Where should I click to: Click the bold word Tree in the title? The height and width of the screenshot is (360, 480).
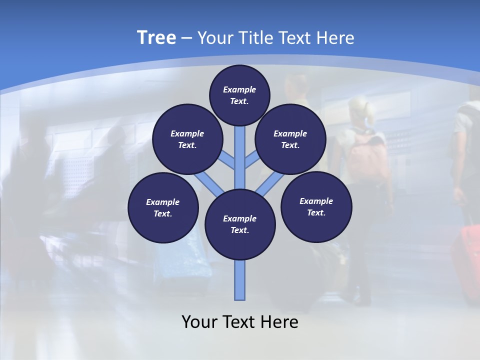[156, 38]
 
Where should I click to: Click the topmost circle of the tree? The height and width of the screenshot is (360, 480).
[239, 95]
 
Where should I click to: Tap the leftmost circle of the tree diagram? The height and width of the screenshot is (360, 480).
[163, 207]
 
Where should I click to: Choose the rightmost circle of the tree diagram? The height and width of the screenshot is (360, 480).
[316, 206]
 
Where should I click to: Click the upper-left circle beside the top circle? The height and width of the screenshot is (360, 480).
[187, 139]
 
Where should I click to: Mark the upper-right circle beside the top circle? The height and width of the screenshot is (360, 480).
[290, 139]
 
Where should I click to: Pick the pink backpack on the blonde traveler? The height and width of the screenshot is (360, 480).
[367, 155]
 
